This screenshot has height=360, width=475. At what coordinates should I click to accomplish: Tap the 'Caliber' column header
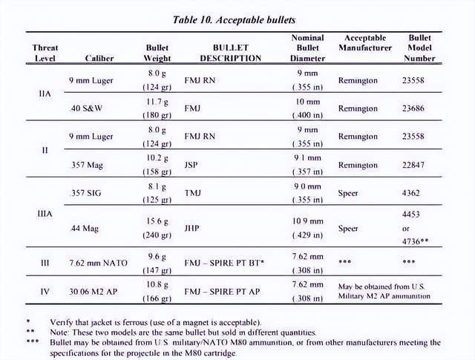click(x=99, y=58)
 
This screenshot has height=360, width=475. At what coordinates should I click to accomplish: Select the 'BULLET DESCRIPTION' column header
click(x=222, y=53)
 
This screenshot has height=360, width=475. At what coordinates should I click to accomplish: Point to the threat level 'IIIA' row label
click(x=45, y=212)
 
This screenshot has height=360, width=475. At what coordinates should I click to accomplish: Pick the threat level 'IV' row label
click(x=45, y=291)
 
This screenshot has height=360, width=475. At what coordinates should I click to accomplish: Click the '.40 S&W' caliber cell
click(x=86, y=108)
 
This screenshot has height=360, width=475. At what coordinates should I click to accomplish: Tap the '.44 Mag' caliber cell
click(x=83, y=230)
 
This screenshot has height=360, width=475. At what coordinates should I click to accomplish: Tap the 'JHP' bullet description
click(x=191, y=230)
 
